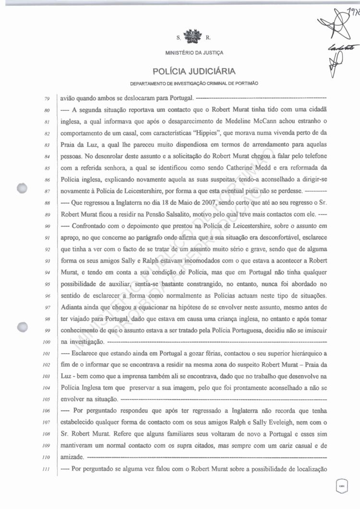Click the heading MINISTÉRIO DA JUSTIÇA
[194, 52]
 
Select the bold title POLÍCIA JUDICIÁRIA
[194, 72]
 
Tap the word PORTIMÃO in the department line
[246, 83]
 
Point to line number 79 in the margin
[47, 99]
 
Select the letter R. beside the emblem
[208, 37]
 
